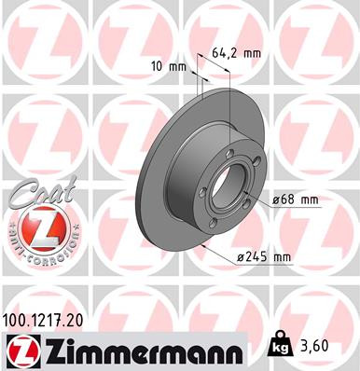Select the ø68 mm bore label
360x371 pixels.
click(x=296, y=200)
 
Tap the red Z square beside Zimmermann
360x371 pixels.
click(x=21, y=351)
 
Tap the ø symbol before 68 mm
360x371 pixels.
click(x=277, y=200)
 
